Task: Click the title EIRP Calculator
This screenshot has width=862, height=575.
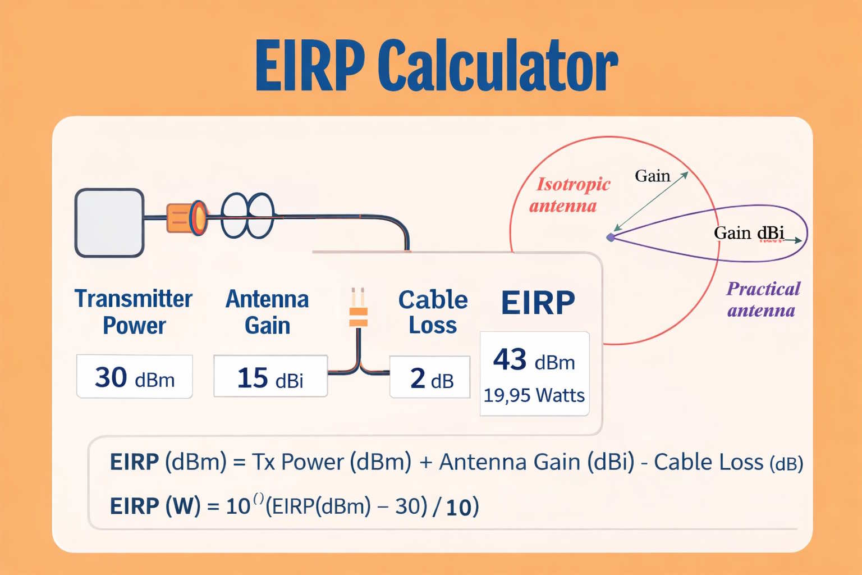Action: [x=436, y=66]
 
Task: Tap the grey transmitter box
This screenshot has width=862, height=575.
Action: [x=109, y=223]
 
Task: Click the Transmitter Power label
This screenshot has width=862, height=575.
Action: [x=134, y=312]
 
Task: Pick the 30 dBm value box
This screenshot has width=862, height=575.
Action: [x=135, y=377]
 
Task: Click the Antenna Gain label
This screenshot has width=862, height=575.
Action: [x=267, y=312]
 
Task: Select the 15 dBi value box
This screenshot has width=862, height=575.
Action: [x=270, y=377]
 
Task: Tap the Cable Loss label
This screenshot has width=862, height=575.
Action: [x=433, y=312]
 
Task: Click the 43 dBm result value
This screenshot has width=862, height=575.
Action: [x=534, y=360]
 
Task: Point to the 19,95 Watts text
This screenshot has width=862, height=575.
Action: [x=534, y=395]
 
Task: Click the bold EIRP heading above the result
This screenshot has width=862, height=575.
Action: [x=538, y=303]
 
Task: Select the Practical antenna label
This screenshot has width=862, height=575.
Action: [x=763, y=299]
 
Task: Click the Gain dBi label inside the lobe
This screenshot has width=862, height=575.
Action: [x=749, y=232]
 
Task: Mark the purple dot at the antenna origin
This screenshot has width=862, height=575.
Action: [x=611, y=238]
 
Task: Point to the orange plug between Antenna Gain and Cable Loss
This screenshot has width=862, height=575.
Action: [x=358, y=316]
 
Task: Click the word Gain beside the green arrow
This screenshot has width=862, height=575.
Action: [x=652, y=176]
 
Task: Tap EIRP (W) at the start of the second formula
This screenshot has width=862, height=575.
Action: [x=155, y=506]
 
